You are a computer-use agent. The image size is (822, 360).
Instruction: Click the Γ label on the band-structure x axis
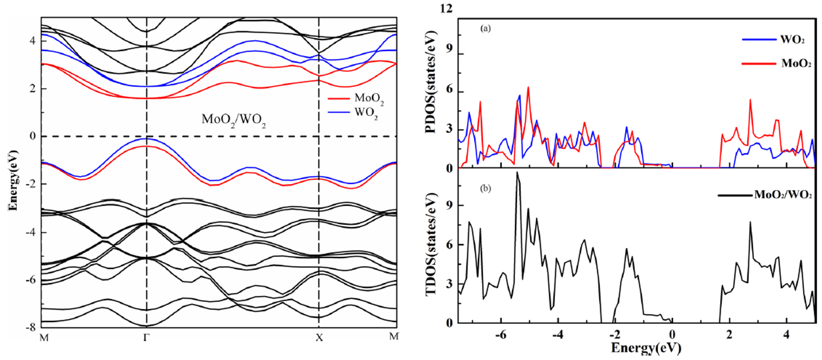(146, 338)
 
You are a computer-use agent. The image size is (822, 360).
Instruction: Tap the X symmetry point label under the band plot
(319, 338)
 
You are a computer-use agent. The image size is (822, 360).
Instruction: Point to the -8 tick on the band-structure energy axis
(30, 327)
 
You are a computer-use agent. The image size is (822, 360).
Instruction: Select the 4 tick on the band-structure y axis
(33, 40)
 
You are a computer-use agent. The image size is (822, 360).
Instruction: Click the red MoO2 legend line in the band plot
(338, 98)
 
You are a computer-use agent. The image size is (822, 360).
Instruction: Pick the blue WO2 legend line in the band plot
(338, 112)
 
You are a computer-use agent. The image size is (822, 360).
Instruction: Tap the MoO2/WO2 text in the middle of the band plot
(234, 120)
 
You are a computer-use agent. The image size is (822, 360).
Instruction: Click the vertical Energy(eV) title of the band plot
(13, 180)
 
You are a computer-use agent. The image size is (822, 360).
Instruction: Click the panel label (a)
(486, 29)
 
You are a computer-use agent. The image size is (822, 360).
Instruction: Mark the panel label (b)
(486, 189)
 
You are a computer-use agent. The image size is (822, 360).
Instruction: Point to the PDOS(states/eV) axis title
(431, 82)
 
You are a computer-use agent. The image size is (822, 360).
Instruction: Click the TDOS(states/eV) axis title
(431, 244)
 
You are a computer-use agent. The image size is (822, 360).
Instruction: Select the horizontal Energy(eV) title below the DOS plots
(646, 348)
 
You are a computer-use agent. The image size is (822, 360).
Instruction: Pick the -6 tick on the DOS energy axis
(500, 334)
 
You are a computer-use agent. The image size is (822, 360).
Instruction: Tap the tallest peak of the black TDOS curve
(517, 173)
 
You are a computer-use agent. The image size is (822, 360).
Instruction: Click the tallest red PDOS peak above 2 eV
(750, 100)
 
